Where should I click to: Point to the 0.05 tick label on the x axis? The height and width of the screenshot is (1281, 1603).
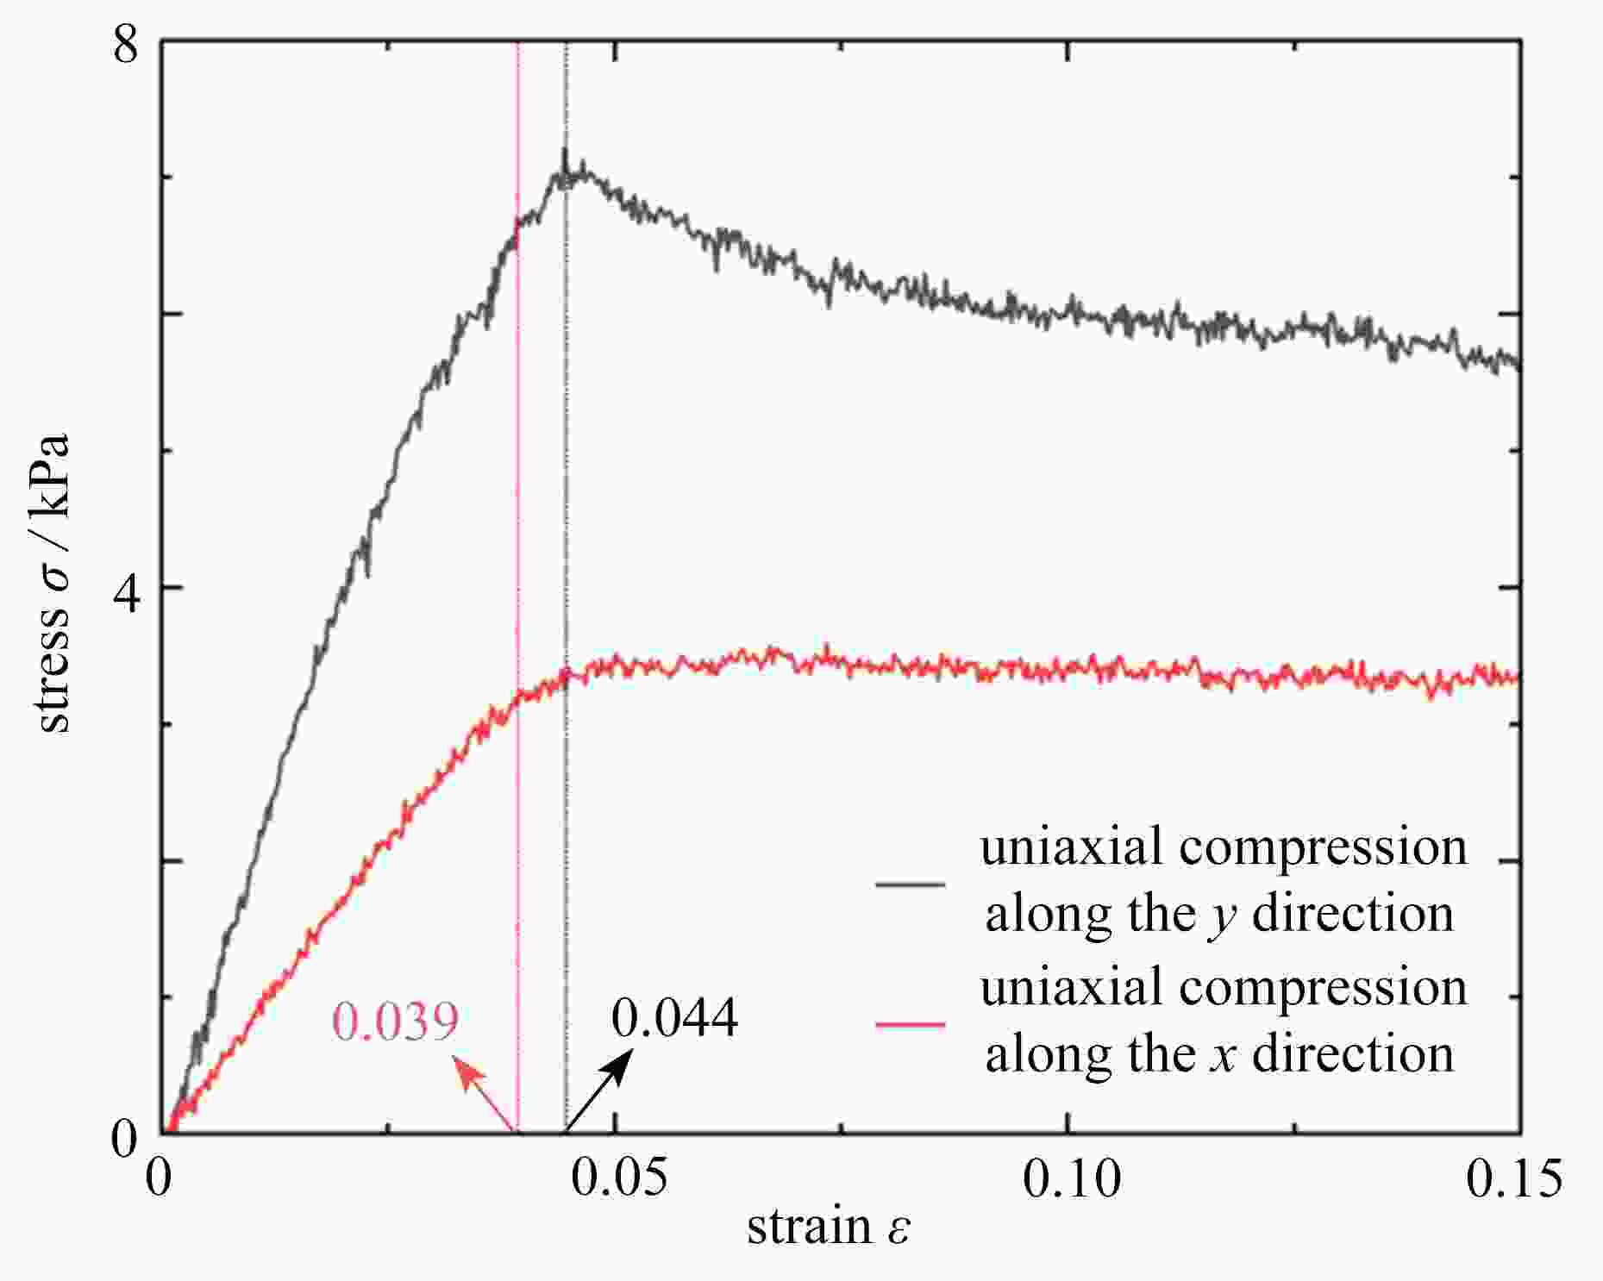619,1178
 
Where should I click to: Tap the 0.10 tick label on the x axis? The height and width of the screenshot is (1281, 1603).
1072,1178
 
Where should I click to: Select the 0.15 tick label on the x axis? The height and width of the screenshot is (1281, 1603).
1514,1178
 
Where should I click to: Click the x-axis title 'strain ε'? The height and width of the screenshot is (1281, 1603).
828,1227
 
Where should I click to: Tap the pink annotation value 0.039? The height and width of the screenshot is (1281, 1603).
395,1022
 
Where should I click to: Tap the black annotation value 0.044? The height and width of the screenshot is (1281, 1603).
674,1017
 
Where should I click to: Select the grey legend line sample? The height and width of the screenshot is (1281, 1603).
910,884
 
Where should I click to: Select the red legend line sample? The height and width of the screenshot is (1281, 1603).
910,1024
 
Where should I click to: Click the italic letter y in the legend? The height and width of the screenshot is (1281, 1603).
1223,915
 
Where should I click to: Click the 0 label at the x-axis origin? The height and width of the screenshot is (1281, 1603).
159,1178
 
